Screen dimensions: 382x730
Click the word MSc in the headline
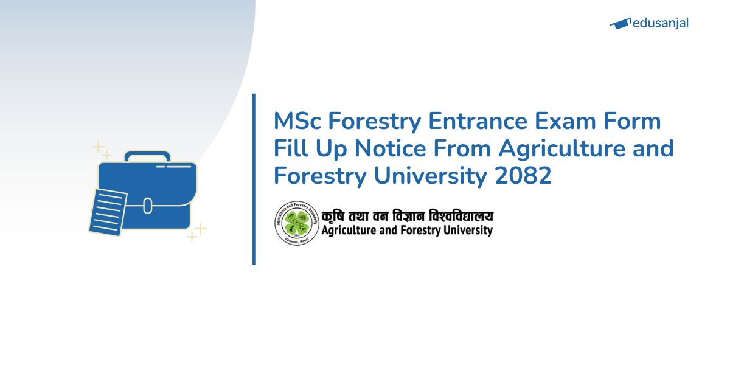pyautogui.click(x=297, y=122)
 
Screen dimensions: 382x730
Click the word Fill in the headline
pyautogui.click(x=291, y=148)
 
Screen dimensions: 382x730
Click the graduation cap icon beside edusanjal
pyautogui.click(x=619, y=24)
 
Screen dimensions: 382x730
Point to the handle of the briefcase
pyautogui.click(x=147, y=157)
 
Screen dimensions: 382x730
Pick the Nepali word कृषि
pyautogui.click(x=335, y=216)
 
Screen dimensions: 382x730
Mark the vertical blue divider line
pyautogui.click(x=254, y=179)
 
